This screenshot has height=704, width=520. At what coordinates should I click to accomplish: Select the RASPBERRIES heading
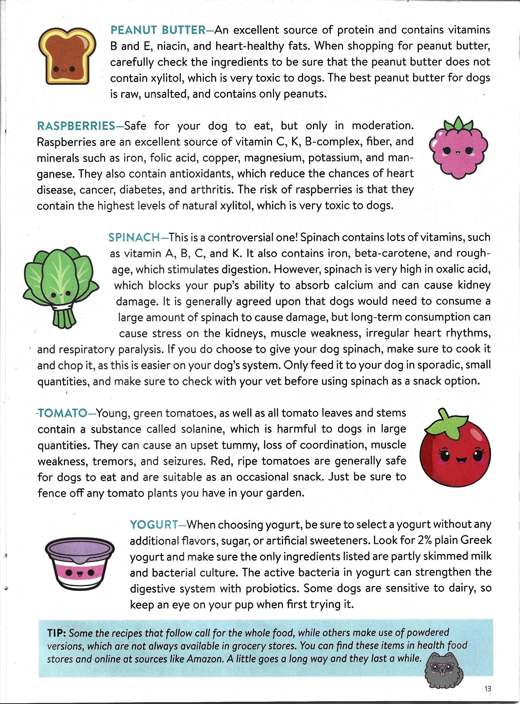point(76,126)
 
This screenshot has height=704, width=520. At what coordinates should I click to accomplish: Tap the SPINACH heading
point(134,237)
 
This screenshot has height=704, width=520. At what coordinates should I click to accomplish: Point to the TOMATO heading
point(62,413)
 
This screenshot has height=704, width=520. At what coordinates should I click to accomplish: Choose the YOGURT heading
point(154,524)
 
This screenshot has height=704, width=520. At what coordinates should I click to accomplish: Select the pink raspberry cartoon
point(458,149)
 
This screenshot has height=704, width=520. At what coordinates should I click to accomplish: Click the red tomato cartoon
point(455,450)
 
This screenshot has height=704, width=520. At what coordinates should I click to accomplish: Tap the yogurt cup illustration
point(79,562)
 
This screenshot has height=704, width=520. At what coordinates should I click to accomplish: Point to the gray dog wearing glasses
point(444,673)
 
